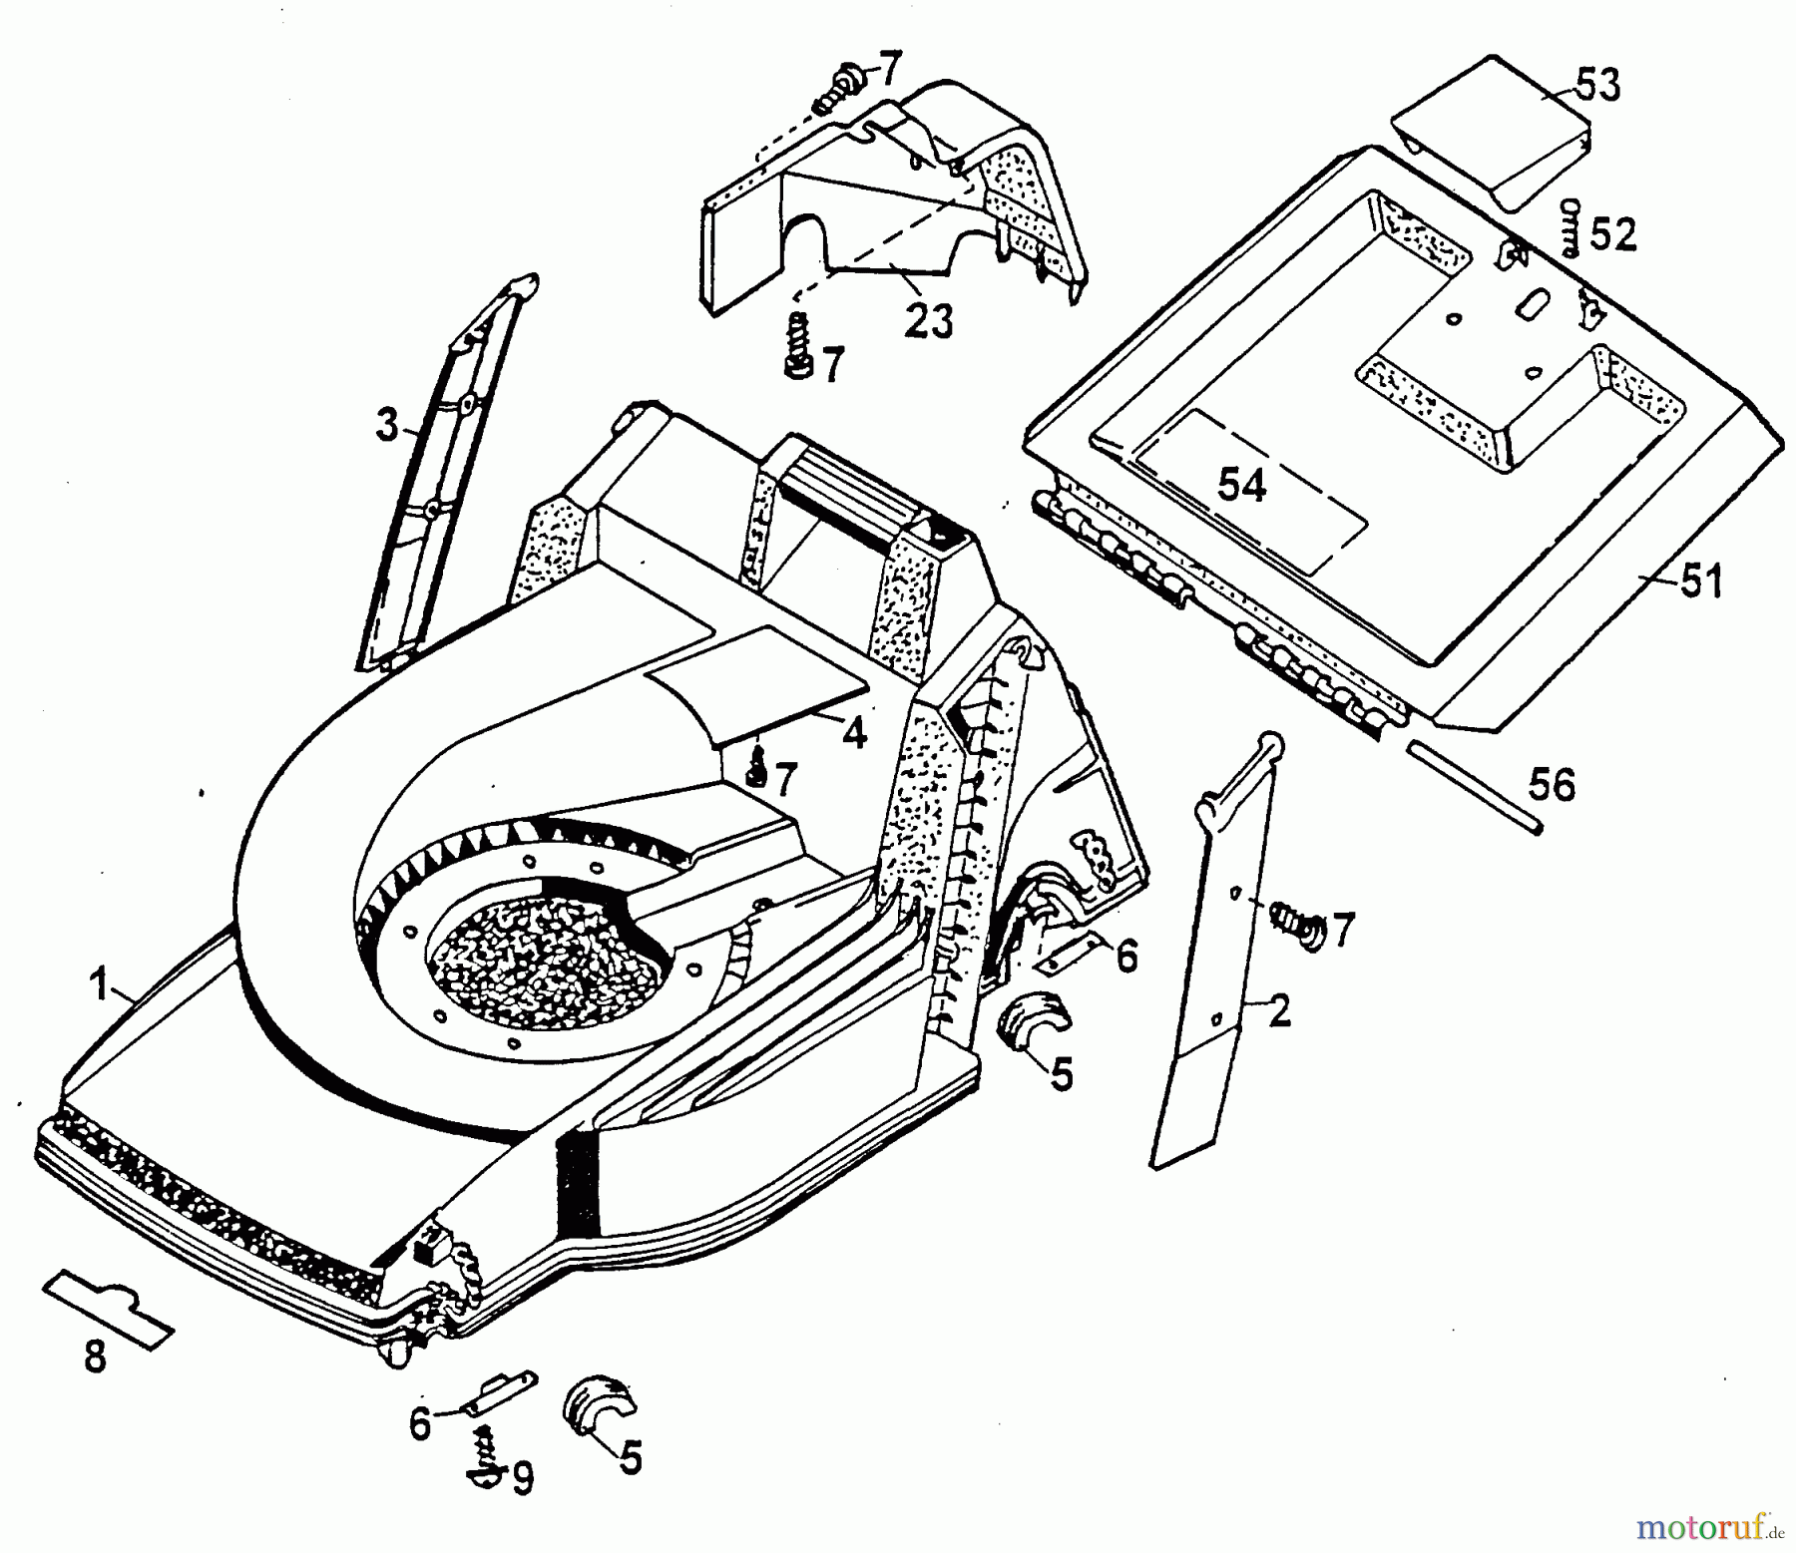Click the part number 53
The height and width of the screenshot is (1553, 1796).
tap(1596, 86)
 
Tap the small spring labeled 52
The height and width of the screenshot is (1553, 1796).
tap(1573, 229)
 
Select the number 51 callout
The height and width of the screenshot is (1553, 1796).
tap(1701, 582)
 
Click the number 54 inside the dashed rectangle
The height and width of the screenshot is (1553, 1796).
tap(1242, 486)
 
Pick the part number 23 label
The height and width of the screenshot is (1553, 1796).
tap(929, 321)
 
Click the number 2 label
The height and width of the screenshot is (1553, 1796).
tap(1279, 1011)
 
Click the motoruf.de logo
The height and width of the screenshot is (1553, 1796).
tap(1708, 1524)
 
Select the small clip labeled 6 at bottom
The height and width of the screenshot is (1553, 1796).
tap(495, 1391)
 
